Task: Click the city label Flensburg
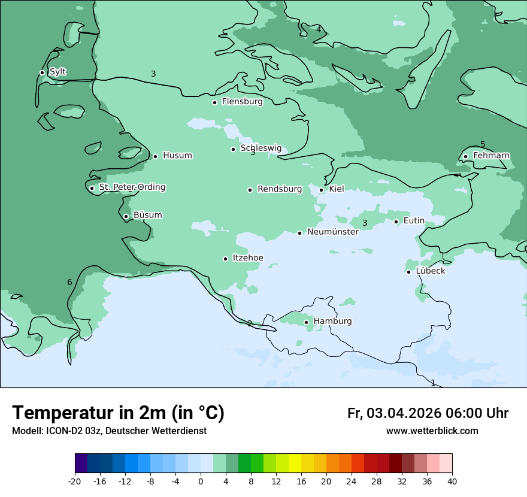point(242,102)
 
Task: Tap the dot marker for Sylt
point(43,72)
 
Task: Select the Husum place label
point(177,156)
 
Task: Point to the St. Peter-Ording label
point(132,187)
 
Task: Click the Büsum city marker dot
point(126,216)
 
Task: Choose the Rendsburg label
point(280,189)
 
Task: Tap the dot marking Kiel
point(322,190)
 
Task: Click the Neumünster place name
point(332,232)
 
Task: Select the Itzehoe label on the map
point(247,258)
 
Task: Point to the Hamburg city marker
point(307,322)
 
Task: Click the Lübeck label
point(430,271)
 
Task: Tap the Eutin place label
point(414,221)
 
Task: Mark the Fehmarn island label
point(491,156)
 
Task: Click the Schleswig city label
point(261,149)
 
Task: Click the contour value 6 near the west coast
point(69,283)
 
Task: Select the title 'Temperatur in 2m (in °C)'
point(118,413)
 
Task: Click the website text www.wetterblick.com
point(432,431)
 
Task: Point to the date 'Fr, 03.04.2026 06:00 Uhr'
point(428,413)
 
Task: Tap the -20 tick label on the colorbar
point(75,481)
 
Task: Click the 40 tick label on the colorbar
point(452,481)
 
